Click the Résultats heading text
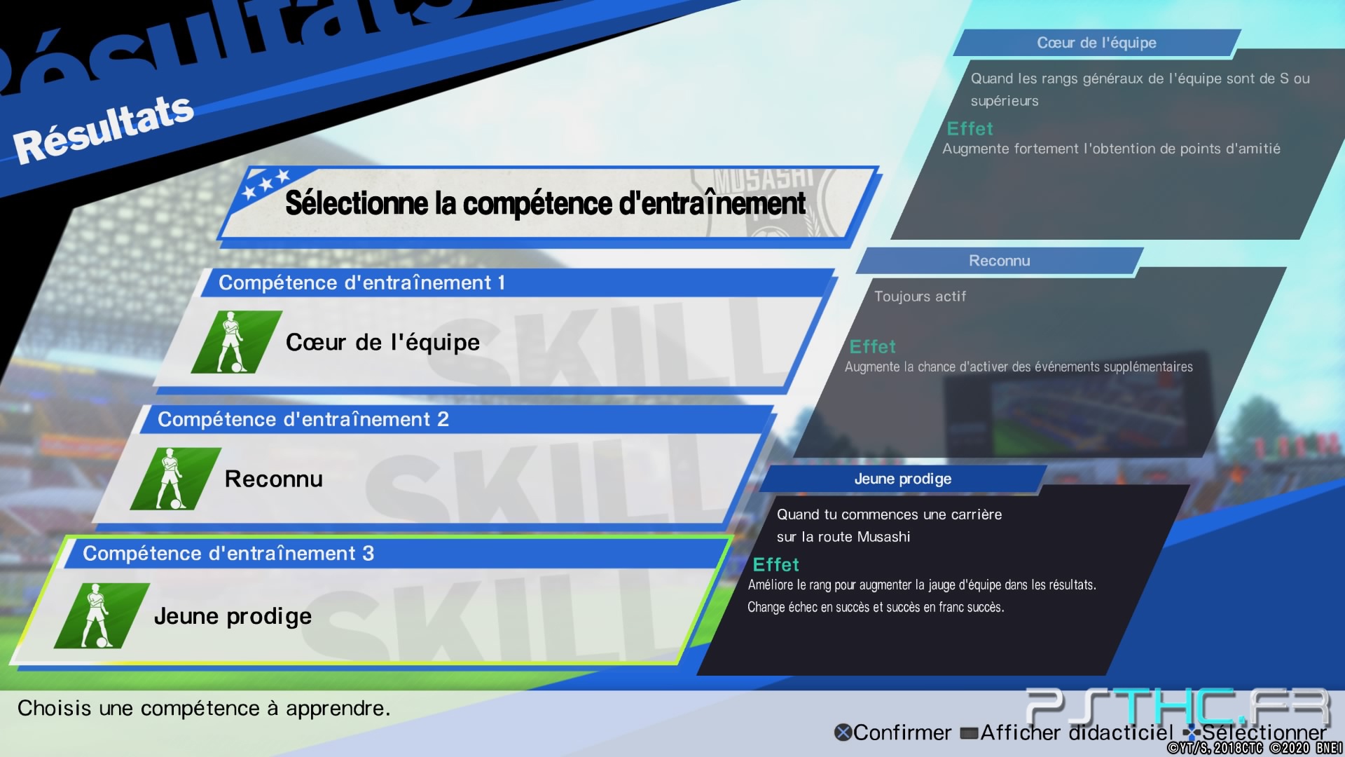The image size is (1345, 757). (104, 129)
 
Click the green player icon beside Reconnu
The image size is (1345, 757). (175, 479)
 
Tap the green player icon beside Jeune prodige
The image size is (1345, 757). (102, 615)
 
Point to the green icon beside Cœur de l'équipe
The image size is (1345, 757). (237, 342)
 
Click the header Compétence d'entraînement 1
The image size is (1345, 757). (361, 282)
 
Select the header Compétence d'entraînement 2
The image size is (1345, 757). (303, 419)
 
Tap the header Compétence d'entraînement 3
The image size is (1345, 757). (228, 554)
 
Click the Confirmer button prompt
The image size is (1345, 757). (893, 732)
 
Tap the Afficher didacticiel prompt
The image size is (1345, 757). (1067, 732)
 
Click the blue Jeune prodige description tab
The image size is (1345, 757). (902, 479)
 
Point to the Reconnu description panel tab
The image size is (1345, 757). (999, 261)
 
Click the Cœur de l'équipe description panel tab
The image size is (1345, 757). (1096, 43)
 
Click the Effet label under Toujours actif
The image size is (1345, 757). (872, 347)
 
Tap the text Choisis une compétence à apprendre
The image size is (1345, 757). (204, 709)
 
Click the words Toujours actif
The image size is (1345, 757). (920, 296)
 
